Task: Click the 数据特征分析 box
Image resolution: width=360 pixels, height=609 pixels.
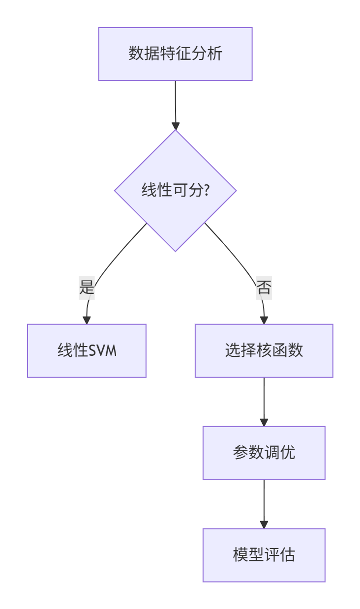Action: pos(175,54)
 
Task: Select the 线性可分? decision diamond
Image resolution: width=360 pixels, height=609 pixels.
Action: pos(175,190)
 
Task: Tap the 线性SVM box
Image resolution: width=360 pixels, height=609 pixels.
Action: pos(87,350)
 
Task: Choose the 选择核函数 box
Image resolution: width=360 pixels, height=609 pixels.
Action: pos(264,350)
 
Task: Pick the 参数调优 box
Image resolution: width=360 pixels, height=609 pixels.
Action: pos(264,453)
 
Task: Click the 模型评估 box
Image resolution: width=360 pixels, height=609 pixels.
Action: pos(264,555)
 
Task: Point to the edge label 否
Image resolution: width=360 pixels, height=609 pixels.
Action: pos(264,288)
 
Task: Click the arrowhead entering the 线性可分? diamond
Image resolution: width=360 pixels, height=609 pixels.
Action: pos(175,125)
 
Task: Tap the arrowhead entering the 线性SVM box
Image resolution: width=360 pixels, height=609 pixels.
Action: pos(87,320)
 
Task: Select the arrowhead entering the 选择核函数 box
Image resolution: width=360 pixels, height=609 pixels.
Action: pos(264,320)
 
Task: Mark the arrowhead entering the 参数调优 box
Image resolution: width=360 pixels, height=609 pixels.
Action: pos(264,422)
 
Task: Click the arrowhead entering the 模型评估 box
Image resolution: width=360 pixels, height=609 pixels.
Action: pos(264,524)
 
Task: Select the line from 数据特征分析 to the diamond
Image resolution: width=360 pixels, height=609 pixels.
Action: pos(175,101)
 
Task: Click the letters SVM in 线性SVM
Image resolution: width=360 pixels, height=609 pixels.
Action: pos(103,351)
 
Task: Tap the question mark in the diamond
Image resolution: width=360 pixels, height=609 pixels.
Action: pos(207,190)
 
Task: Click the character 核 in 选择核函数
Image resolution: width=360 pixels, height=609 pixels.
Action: pos(264,350)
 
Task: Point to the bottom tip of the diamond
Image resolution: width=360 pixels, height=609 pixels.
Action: pos(175,251)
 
